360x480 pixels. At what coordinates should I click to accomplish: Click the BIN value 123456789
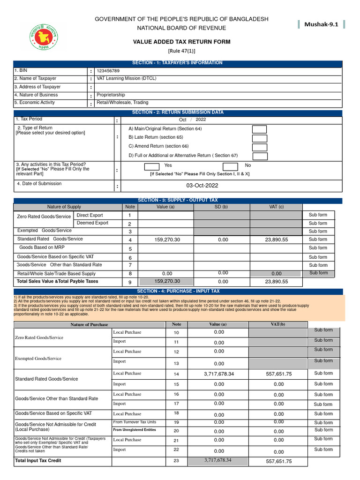111,71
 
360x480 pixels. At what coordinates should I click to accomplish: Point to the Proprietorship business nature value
111,95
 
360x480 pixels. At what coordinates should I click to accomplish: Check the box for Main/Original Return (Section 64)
259,129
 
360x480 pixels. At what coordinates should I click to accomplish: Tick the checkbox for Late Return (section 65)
259,138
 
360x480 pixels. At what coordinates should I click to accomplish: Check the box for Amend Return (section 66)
259,147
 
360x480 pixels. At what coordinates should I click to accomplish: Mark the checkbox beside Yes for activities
151,166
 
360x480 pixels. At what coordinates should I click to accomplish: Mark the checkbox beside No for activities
230,166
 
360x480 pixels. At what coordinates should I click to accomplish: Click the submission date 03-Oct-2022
202,186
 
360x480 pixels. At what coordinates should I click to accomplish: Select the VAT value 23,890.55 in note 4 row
276,240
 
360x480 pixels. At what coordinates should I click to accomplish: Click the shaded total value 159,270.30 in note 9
167,282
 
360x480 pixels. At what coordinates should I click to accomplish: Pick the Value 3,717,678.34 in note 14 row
218,374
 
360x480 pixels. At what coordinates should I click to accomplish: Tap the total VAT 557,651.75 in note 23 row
278,461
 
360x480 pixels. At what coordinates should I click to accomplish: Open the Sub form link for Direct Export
318,215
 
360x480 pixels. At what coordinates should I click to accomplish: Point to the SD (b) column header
222,207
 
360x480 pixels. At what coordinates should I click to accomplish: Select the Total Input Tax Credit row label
38,461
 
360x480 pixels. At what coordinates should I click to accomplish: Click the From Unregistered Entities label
134,430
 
